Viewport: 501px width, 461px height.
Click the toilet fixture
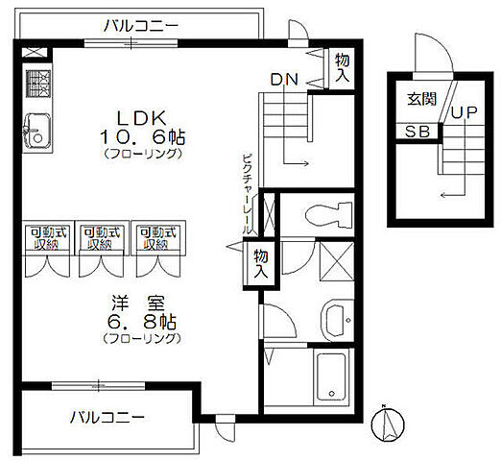point(316,213)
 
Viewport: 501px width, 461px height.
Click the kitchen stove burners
point(39,87)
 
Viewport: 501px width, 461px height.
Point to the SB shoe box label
point(415,132)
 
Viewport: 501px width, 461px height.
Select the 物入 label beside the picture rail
point(260,262)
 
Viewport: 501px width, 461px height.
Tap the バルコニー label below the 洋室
point(107,418)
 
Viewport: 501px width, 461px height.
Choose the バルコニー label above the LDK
point(141,24)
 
